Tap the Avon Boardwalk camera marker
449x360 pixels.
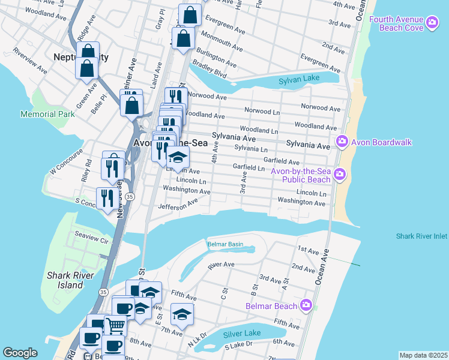342,142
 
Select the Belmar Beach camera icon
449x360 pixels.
307,305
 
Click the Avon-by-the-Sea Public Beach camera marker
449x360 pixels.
340,175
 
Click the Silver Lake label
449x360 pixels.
242,334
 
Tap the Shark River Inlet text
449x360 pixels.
421,236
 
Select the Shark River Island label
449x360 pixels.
65,280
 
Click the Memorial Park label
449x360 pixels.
47,114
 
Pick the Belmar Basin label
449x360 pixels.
225,244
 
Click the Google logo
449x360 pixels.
20,353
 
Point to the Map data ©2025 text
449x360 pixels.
423,355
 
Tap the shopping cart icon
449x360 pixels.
115,325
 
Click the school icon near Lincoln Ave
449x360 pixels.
178,157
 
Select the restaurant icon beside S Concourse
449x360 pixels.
107,198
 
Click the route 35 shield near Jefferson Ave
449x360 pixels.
130,196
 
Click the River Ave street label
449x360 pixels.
221,263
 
